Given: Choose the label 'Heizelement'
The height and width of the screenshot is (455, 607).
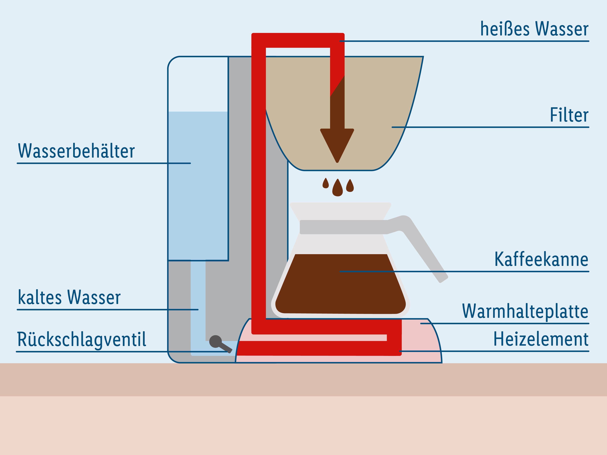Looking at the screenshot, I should [x=541, y=339].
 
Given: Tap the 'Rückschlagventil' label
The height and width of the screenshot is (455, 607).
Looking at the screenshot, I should [x=82, y=340].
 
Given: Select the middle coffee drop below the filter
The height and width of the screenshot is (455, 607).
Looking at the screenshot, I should [x=338, y=188].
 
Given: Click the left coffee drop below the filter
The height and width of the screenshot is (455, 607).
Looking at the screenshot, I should [x=325, y=184].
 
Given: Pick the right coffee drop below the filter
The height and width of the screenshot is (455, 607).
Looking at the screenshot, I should [x=350, y=186].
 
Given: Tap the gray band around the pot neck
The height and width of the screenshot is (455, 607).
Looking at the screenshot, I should [x=343, y=227].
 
